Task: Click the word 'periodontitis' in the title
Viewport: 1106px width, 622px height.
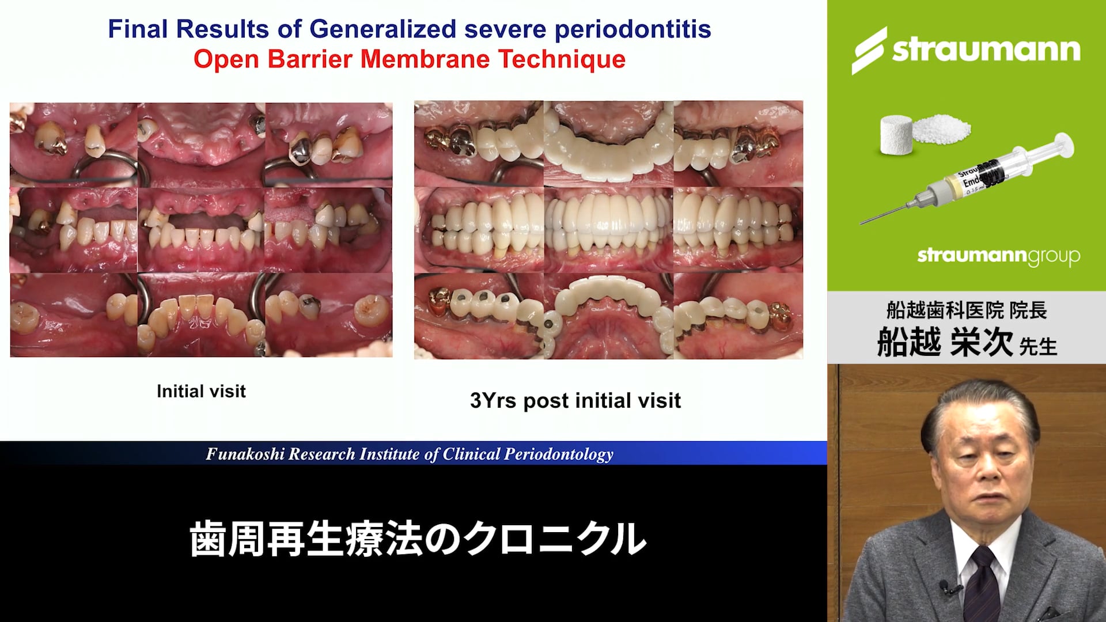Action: tap(632, 30)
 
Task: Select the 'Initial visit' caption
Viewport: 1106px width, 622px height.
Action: tap(201, 392)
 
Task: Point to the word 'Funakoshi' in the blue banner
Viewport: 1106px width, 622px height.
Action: tap(245, 454)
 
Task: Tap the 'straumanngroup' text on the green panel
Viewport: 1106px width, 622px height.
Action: tap(998, 256)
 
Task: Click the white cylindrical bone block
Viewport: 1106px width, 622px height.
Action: tap(896, 135)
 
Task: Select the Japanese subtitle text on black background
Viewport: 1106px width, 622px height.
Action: tap(418, 540)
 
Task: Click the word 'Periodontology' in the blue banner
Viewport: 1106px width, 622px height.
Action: tap(559, 454)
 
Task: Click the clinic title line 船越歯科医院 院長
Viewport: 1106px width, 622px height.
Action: tap(967, 310)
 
